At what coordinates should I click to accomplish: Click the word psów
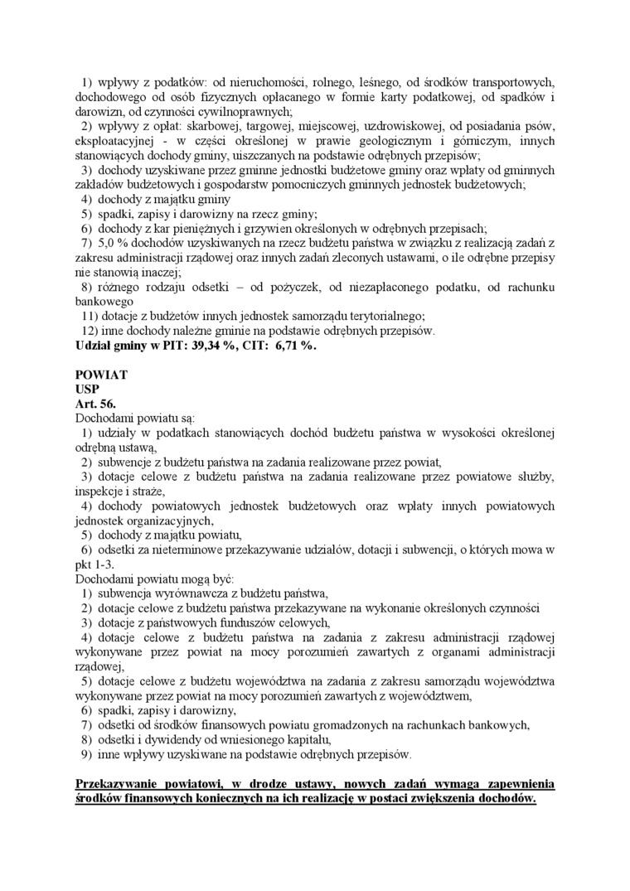pyautogui.click(x=538, y=125)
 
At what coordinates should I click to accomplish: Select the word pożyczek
pyautogui.click(x=314, y=287)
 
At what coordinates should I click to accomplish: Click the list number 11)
pyautogui.click(x=89, y=316)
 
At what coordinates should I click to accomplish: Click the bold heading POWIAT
pyautogui.click(x=101, y=375)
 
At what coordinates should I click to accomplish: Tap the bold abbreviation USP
pyautogui.click(x=87, y=389)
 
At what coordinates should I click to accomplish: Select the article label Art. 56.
pyautogui.click(x=94, y=403)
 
